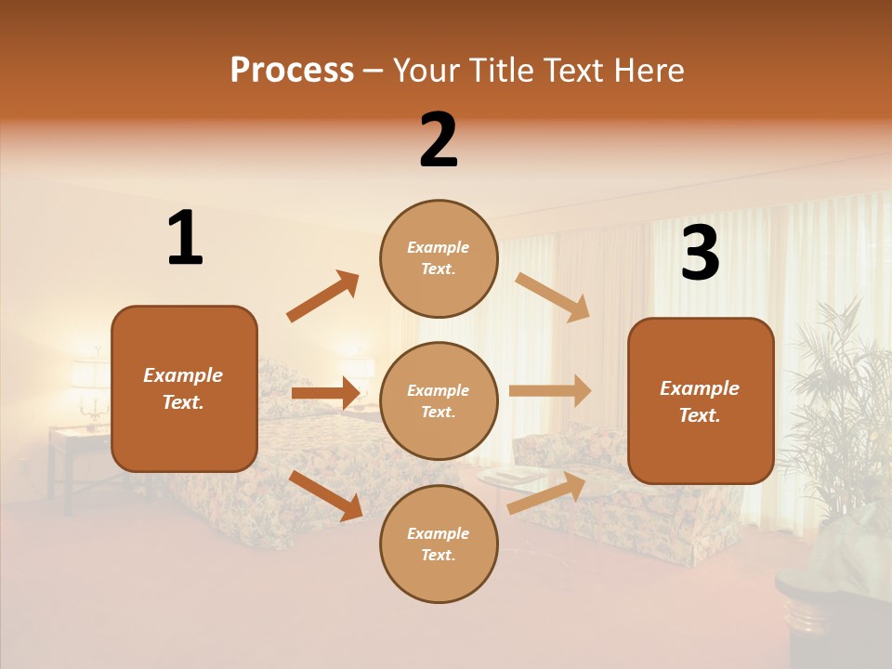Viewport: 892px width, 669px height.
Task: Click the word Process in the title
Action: (x=292, y=70)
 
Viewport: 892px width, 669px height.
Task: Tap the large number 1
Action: (x=185, y=239)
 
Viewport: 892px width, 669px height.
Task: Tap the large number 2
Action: (x=439, y=140)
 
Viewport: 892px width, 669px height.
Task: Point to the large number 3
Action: (x=700, y=254)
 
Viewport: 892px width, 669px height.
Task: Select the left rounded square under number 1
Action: (x=184, y=388)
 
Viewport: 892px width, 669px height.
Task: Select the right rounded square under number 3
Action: (x=701, y=400)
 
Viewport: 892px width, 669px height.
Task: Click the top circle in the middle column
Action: (x=439, y=258)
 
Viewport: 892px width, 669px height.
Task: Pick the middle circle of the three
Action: (x=439, y=400)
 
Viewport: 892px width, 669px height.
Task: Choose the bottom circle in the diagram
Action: (x=439, y=544)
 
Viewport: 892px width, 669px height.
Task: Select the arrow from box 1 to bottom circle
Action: (x=326, y=494)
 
